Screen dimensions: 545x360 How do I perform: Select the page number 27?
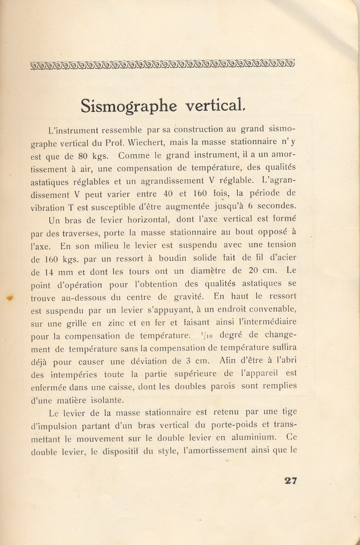(290, 481)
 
